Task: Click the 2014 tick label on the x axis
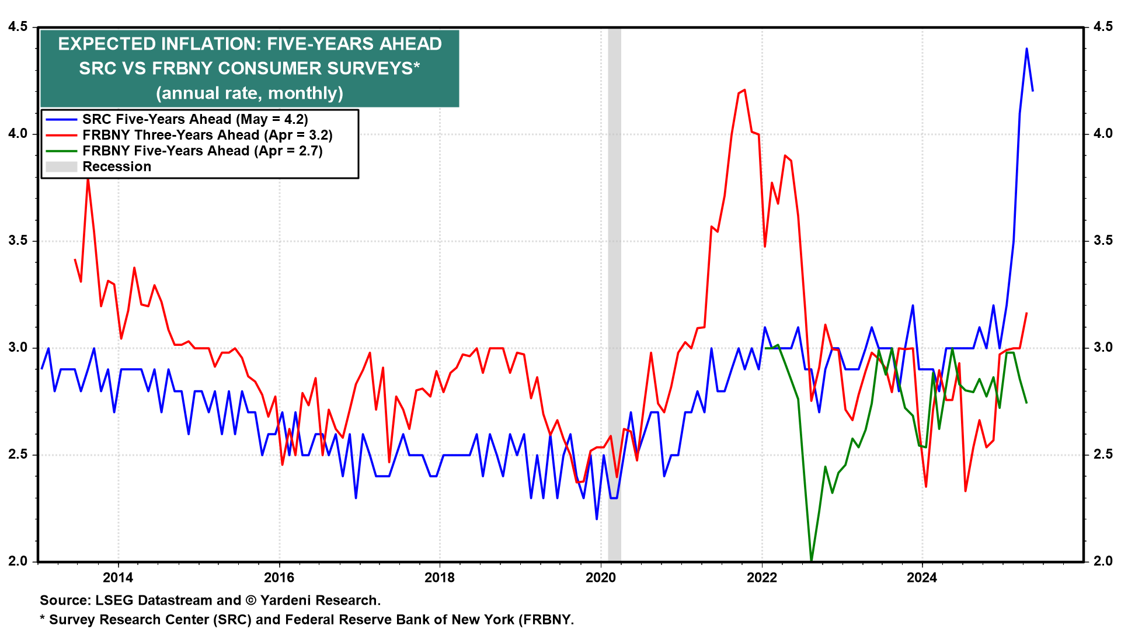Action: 118,578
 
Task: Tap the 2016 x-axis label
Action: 279,578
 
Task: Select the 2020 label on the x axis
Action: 601,578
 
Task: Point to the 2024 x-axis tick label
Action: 922,578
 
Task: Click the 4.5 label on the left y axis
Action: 18,27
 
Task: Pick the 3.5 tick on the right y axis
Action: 1103,241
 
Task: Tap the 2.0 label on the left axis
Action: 18,561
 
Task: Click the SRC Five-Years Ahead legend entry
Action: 194,119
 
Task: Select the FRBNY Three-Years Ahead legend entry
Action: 207,135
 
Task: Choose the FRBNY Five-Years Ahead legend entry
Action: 202,151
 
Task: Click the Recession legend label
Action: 117,167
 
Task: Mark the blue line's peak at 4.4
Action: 1026,48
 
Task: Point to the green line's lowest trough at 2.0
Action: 812,560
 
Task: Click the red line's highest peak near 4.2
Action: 744,90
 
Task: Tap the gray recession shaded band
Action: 614,292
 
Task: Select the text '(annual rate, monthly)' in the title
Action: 249,93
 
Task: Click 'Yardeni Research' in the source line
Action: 319,601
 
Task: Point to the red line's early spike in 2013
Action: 88,178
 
